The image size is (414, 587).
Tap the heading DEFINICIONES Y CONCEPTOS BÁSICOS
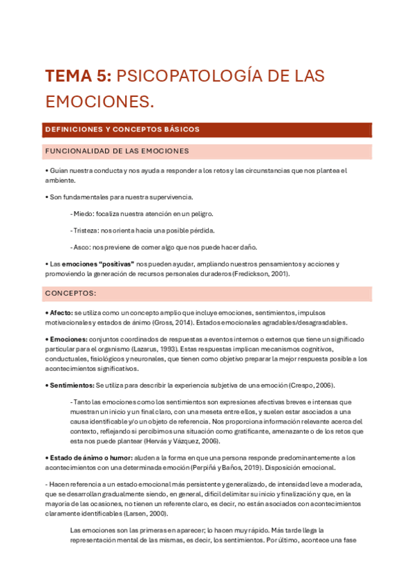tap(122, 129)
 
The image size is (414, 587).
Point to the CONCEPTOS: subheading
tap(70, 293)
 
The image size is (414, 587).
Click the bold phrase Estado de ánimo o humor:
tap(90, 458)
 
